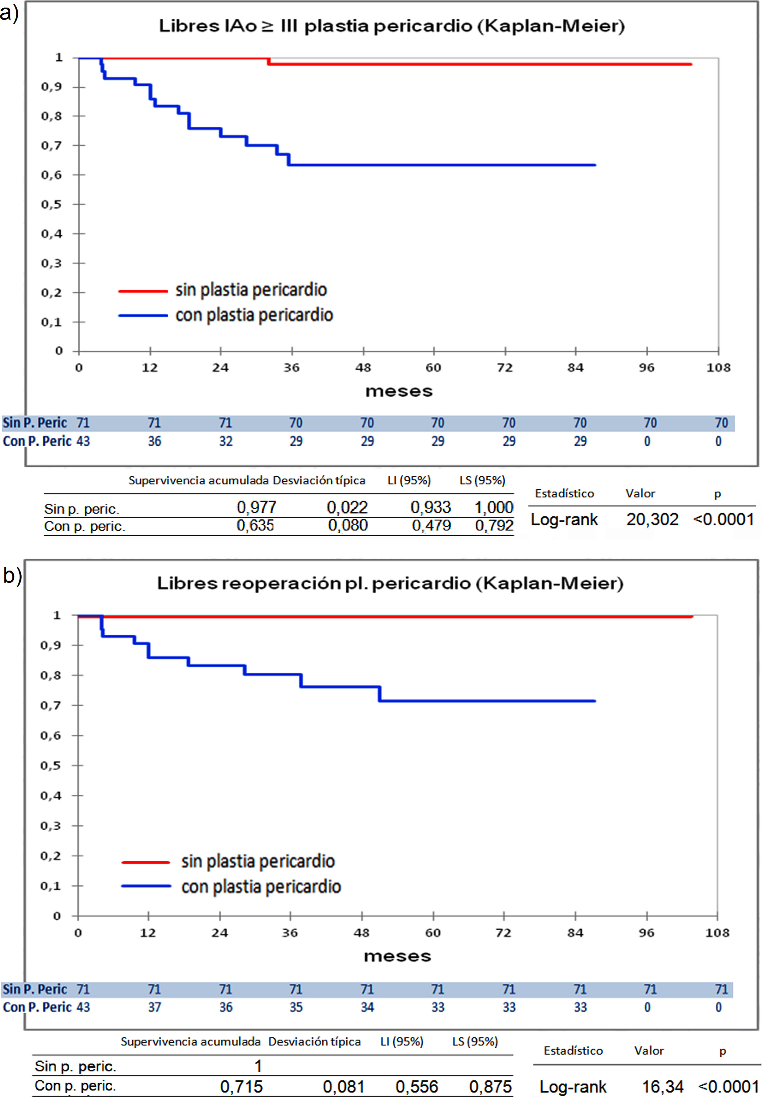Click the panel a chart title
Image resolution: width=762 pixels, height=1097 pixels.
tap(392, 26)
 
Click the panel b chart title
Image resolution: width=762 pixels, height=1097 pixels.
tap(390, 583)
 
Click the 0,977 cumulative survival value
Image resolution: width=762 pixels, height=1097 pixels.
tap(256, 507)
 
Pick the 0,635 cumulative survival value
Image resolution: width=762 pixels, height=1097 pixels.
tap(255, 525)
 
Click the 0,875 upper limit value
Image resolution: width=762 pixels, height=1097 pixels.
tap(490, 1086)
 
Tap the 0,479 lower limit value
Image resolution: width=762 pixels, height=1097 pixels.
tap(431, 525)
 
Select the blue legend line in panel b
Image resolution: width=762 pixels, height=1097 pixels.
tap(146, 886)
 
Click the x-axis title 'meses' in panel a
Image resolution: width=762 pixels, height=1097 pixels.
tap(399, 391)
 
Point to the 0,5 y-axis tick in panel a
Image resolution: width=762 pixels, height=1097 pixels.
tap(52, 204)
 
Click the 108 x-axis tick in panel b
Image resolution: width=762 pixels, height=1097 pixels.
tap(717, 933)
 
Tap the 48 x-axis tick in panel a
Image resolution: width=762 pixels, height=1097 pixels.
tap(363, 367)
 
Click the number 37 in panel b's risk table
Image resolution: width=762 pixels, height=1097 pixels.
tap(154, 1007)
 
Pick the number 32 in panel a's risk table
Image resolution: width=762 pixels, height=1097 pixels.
tap(226, 441)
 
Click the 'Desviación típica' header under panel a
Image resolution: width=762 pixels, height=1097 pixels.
tap(319, 480)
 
